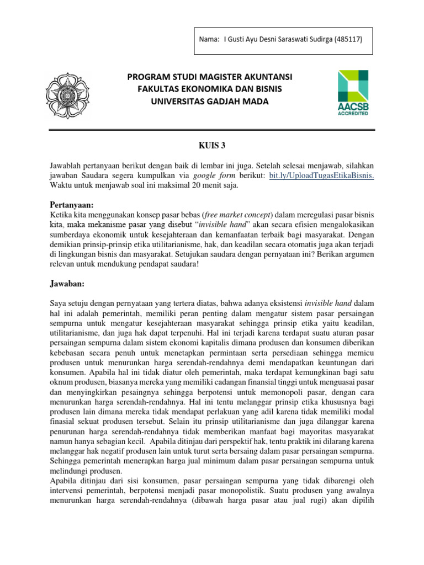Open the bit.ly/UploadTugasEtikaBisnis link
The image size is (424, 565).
[329, 175]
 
